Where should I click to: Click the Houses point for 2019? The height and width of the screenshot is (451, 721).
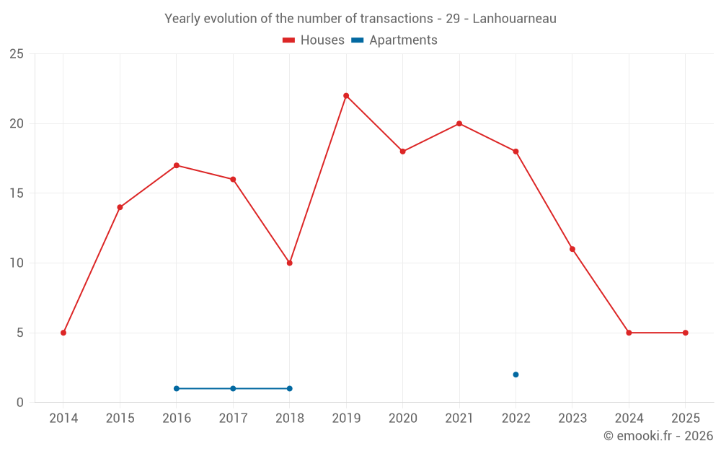coord(346,95)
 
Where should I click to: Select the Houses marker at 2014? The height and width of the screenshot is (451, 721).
coord(63,333)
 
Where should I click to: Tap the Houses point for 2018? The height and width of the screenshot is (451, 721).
coord(290,263)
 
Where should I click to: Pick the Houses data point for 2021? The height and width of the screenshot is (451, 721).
coord(459,123)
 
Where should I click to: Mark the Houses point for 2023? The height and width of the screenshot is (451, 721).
coord(572,249)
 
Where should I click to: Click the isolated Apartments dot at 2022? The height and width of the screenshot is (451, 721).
coord(516,375)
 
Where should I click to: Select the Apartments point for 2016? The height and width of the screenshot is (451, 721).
coord(177,388)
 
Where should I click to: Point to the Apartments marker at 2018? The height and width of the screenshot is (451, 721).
coord(290,388)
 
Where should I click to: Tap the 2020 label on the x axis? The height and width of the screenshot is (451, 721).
coord(402,419)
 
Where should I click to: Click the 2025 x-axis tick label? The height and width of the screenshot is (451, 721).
coord(685,419)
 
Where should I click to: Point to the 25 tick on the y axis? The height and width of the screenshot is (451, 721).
coord(16,54)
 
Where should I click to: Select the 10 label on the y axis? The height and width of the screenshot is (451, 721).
coord(16,263)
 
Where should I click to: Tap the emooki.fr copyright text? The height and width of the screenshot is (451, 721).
coord(658,436)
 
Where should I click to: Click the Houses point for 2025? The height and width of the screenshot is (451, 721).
coord(685,333)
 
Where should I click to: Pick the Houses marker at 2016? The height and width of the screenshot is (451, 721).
coord(177,165)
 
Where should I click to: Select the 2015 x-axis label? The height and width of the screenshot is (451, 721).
coord(120,419)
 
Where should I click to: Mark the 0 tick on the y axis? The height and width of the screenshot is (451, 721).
coord(20,402)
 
